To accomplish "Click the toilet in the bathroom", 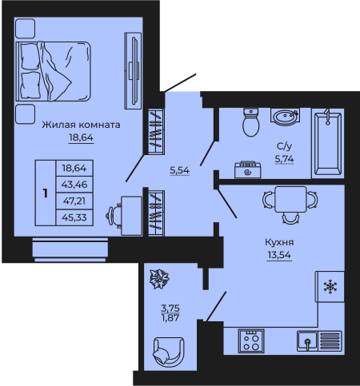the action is coord(251,122).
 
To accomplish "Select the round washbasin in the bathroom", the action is coord(285,117).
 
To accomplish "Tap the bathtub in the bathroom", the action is coord(328,143).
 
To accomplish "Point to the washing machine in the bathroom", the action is coord(248,169).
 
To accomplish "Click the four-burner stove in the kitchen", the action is coord(251,341).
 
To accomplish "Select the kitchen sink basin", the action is coord(307,341).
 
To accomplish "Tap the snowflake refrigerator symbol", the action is coord(330,287).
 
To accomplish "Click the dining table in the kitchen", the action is coord(290,199).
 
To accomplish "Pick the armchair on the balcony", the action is coord(169,352).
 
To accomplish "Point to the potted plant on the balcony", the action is coord(159,279).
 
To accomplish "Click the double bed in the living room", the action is coord(54,71).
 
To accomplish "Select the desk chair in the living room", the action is coord(114,215).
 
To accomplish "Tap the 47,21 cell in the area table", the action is coord(74,201).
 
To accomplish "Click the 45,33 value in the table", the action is coord(74,217).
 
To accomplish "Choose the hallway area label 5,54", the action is coord(180,170).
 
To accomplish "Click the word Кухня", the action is coord(279,242).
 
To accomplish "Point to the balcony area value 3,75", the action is coord(170,308).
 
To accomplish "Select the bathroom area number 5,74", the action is coord(284,159).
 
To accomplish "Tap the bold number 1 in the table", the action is coord(46,193).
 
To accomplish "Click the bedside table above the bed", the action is coord(25,28).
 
